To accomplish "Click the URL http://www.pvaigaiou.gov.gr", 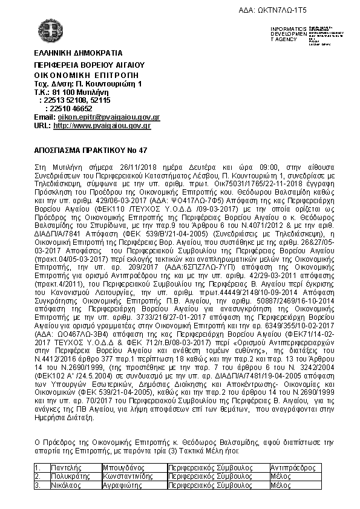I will (x=102, y=126).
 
